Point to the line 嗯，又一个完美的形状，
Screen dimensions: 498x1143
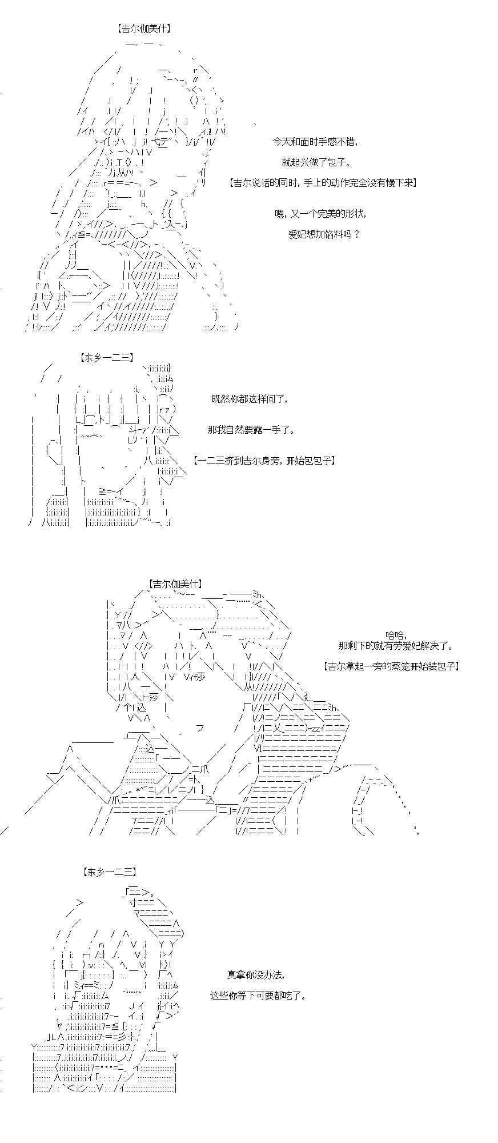[320, 214]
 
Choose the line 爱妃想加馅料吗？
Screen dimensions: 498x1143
[324, 234]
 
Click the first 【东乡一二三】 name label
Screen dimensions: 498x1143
[107, 358]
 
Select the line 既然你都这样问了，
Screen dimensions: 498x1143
[250, 399]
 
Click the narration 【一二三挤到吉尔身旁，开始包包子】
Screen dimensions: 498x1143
[263, 460]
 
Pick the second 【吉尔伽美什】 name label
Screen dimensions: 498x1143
[175, 584]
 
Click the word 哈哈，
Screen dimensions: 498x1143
[395, 634]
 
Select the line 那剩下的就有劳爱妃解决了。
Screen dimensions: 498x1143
[396, 646]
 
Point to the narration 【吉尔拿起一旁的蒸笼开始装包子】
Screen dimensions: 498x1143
[391, 666]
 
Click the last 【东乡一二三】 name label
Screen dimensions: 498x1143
[110, 872]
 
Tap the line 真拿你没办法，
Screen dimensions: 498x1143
[255, 974]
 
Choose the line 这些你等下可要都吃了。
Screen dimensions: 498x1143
[258, 995]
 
